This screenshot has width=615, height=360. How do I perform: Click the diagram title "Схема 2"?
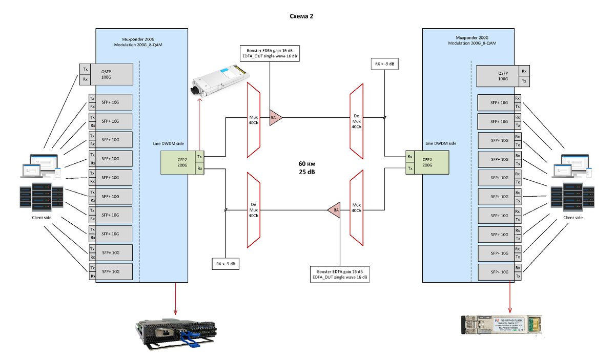click(301, 16)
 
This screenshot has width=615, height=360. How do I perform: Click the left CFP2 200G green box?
click(177, 162)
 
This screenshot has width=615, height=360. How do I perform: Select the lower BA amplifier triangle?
click(334, 210)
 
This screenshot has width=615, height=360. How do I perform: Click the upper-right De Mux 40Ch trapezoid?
click(357, 121)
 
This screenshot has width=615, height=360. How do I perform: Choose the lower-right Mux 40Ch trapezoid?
click(357, 208)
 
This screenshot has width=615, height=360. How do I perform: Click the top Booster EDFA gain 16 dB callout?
click(270, 53)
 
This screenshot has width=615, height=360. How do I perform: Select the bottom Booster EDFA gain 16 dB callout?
click(340, 274)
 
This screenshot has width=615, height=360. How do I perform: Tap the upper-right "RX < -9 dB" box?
click(385, 64)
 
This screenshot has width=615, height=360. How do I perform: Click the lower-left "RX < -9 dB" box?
click(225, 264)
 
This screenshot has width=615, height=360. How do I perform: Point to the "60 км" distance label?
click(306, 164)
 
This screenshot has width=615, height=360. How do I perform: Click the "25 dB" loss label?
click(306, 172)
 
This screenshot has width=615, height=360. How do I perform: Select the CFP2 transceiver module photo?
click(217, 81)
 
